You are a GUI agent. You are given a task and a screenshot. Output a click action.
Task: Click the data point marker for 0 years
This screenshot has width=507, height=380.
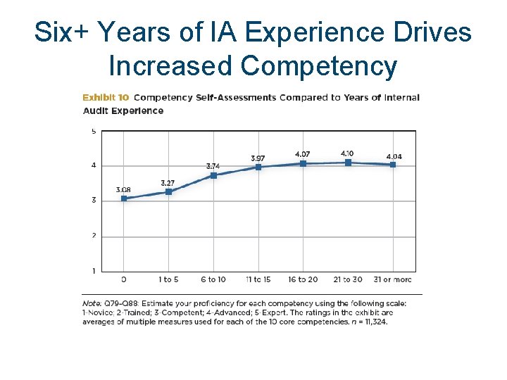click(124, 198)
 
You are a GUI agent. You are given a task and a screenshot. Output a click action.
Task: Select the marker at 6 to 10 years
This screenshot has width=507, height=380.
click(213, 175)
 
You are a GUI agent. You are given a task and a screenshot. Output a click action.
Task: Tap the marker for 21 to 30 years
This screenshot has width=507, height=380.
click(347, 163)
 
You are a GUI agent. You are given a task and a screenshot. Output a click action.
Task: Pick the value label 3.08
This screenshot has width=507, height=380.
click(123, 190)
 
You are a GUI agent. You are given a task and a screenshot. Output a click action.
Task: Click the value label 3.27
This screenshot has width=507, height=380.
click(168, 183)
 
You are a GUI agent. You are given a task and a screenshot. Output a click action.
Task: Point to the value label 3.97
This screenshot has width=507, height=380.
click(258, 158)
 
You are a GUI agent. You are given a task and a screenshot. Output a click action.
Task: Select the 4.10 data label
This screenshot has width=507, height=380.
click(347, 153)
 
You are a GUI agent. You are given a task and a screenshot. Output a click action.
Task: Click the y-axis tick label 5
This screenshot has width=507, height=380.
click(94, 131)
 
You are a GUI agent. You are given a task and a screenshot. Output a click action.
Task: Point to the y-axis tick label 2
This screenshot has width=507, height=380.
click(94, 236)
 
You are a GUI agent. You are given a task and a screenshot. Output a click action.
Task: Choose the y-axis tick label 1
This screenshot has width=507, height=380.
click(94, 271)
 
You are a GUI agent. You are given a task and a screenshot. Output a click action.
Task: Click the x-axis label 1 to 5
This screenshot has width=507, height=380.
click(168, 279)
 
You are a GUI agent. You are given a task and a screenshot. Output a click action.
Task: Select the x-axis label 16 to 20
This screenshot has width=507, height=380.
click(302, 279)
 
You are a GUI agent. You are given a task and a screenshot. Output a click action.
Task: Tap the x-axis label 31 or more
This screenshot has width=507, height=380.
click(392, 279)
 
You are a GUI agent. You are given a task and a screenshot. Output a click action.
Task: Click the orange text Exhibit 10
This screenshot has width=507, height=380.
click(106, 98)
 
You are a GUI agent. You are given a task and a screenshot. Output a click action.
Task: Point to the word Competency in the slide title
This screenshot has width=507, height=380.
click(318, 65)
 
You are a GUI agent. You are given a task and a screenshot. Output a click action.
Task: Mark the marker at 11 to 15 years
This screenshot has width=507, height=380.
click(258, 167)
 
